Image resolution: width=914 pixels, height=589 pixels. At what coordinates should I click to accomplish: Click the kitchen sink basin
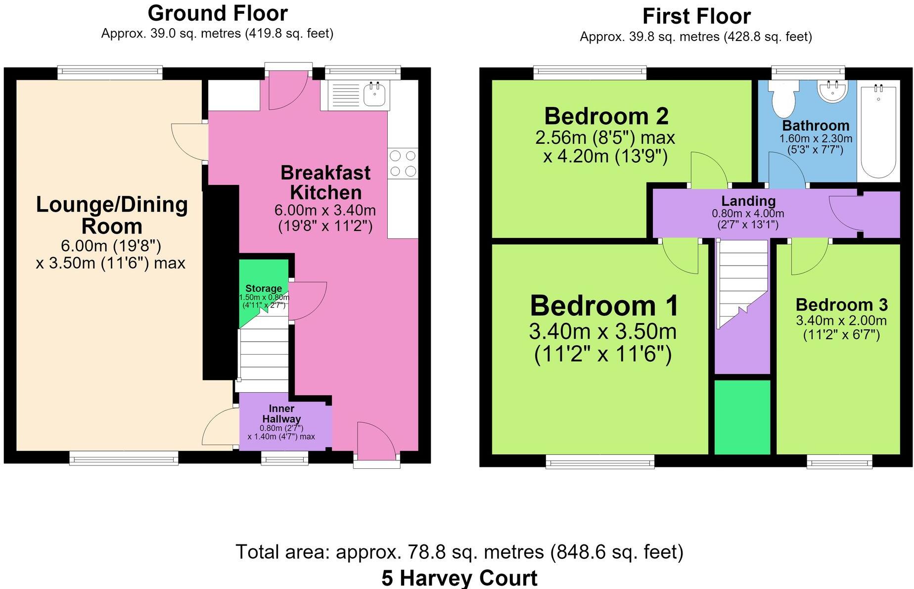click(375, 94)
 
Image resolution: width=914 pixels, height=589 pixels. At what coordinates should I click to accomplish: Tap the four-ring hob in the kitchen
click(403, 163)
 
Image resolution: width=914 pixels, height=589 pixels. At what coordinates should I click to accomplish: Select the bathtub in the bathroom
click(879, 133)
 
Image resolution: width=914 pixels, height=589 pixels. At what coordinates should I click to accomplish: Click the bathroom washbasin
click(833, 91)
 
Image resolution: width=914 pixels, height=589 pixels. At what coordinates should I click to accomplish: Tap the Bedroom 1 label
click(604, 305)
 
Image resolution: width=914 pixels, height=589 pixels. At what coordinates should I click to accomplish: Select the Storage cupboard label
click(264, 288)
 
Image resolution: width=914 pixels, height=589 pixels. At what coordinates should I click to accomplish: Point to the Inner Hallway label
click(281, 413)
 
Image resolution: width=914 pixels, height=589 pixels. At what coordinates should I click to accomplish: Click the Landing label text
click(748, 201)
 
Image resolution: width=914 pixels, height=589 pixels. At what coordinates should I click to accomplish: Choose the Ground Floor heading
click(218, 13)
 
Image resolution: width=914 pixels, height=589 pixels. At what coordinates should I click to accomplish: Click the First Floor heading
click(696, 16)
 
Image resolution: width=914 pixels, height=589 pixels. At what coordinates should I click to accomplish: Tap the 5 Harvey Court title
click(459, 578)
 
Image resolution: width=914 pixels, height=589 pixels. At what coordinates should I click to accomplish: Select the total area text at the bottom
click(459, 551)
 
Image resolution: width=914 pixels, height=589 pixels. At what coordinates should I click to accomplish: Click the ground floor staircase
click(264, 354)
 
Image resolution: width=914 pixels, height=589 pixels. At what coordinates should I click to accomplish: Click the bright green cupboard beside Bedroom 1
click(742, 417)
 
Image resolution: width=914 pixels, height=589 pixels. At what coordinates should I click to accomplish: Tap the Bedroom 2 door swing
click(709, 170)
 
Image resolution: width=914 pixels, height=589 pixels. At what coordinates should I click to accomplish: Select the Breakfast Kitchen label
click(325, 182)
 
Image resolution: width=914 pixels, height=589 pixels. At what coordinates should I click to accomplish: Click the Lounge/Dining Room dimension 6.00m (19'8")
click(111, 245)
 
